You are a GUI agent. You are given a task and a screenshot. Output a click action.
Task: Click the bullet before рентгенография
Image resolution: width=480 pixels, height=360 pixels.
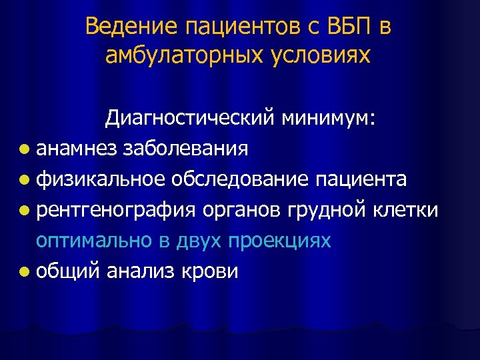click(x=25, y=211)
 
